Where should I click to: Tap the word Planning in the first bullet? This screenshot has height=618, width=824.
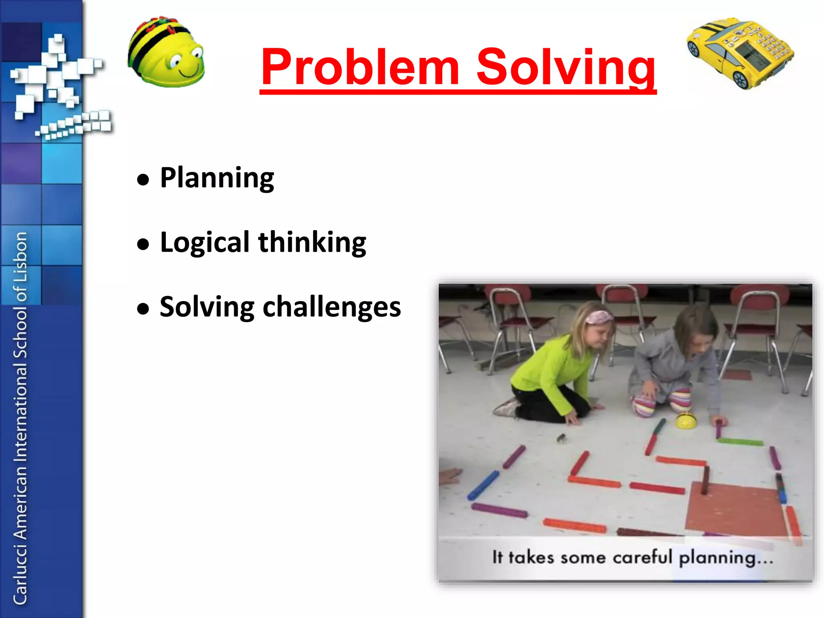pos(217,177)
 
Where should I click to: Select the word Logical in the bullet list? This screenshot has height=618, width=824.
pos(205,243)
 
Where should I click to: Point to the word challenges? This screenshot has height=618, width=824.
pos(332,307)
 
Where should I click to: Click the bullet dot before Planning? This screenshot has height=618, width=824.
pos(143,179)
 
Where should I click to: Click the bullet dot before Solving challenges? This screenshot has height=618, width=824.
pos(143,309)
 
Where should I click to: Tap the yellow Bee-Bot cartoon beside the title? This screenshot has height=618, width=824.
pos(166,52)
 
